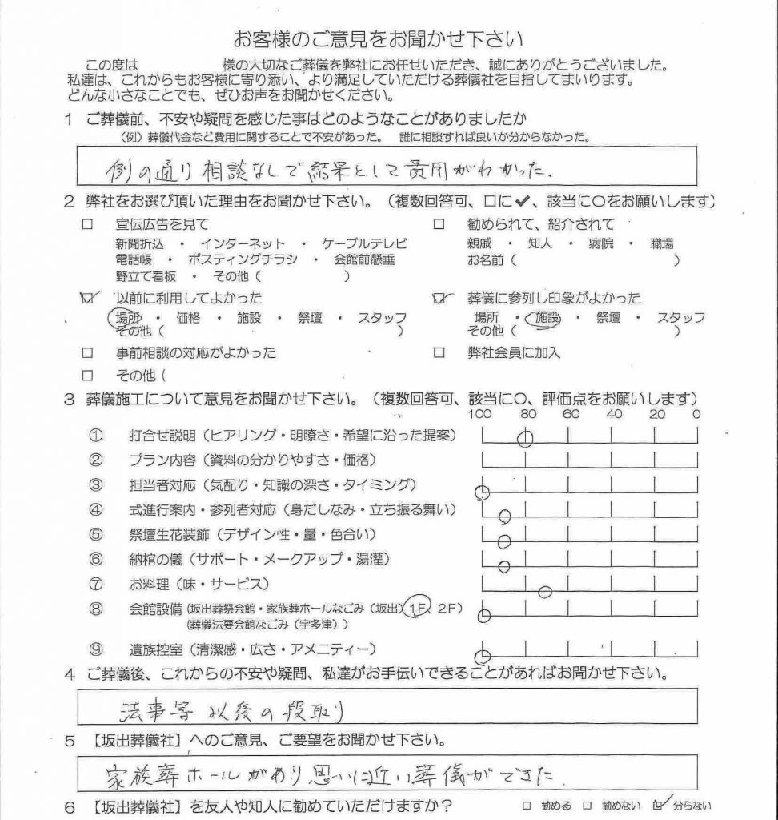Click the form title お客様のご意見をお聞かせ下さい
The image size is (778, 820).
[388, 38]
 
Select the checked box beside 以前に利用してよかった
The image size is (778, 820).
[87, 298]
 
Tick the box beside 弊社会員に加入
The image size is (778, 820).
[438, 352]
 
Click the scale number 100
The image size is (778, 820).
[480, 414]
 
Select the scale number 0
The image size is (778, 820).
[696, 414]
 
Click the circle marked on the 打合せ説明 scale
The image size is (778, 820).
[525, 437]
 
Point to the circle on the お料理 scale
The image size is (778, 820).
[545, 592]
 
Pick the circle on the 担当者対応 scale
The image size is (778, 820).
[482, 492]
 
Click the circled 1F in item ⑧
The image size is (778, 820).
[416, 608]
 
